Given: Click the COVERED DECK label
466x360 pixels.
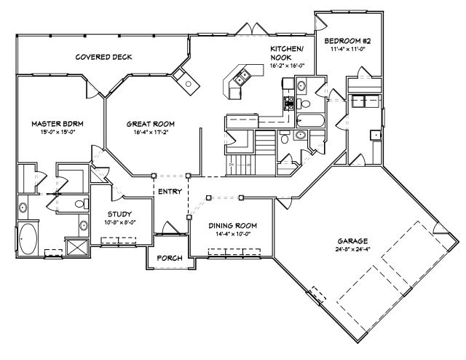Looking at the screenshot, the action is point(103,57).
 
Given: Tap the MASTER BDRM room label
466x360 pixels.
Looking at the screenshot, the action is point(58,124).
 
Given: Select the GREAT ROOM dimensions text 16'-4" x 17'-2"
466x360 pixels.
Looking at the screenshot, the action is point(151,132).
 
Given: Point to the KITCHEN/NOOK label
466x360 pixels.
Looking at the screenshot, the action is point(286,53).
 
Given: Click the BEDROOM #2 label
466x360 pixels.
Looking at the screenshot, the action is point(347,41).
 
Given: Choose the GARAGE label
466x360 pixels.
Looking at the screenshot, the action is point(352,241).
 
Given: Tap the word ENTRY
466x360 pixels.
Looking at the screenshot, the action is point(170,192).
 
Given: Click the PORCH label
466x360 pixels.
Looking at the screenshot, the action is point(170,258).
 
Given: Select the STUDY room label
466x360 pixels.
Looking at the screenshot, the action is point(119,214).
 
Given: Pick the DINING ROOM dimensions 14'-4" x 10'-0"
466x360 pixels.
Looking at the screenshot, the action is point(233,234).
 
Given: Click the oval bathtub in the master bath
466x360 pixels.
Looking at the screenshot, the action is point(28,239).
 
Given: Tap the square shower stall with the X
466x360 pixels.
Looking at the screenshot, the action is point(77,247).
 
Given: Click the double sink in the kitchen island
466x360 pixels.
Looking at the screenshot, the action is point(241,77).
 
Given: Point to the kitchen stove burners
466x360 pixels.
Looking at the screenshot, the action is point(289,103).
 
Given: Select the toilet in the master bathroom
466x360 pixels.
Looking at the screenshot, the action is point(82,204).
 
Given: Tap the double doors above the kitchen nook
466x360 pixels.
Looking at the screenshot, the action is point(252,30).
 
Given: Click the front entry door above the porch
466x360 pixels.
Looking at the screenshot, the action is point(170,229).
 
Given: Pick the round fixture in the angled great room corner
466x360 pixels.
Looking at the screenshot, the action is point(189,84).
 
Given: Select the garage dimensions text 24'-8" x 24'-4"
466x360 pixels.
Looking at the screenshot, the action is point(352,249).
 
